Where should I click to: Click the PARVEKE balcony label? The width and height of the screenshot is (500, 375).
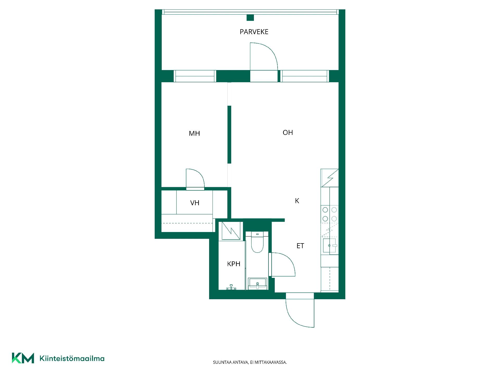coord(254,32)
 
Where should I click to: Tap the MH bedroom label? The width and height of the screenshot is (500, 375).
coord(194,134)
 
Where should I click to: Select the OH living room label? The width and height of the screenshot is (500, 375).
coord(288,133)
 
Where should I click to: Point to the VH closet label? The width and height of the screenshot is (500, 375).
coord(195,203)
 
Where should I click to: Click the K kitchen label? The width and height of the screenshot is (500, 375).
coord(297,201)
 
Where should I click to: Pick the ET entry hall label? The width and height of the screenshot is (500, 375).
coord(300,246)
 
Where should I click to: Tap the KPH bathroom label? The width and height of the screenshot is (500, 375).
coord(234,264)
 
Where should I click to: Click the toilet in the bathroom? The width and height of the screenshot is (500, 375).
coord(257,242)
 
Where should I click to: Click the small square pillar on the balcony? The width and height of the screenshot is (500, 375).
coord(250,18)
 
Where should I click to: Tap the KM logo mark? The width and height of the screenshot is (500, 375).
coord(23,358)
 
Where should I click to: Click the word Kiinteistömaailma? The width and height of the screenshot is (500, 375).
coord(72,359)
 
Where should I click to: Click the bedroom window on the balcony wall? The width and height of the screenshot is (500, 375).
coord(195,76)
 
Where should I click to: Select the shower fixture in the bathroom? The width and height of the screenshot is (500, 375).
coord(231,287)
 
